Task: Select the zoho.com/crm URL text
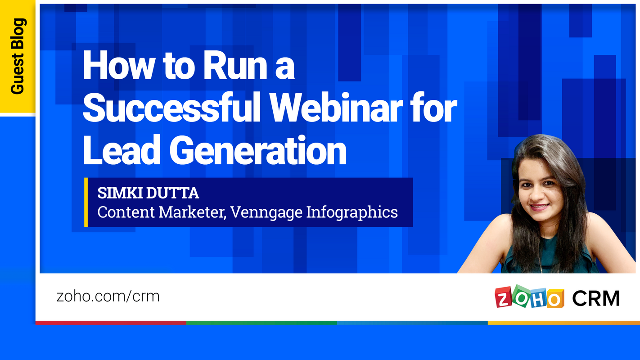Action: pos(108,296)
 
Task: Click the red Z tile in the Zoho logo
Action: pos(503,298)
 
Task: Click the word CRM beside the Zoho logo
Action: pos(596,298)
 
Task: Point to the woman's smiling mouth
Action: pos(539,207)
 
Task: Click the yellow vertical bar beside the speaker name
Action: pos(86,202)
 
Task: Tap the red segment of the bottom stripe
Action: pos(111,323)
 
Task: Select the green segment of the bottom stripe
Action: pos(261,323)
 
